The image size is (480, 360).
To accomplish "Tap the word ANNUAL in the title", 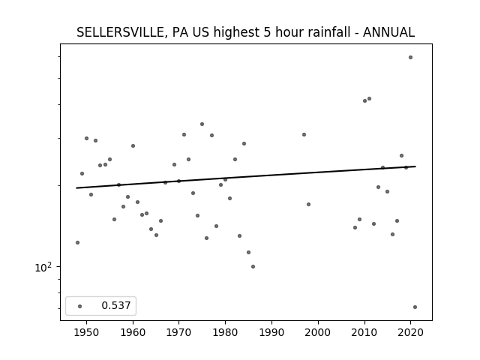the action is [x=388, y=32].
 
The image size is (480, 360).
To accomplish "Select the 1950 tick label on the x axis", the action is [x=87, y=332].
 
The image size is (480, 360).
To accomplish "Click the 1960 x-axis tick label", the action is [x=133, y=332].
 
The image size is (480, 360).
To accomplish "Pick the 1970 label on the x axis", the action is [x=179, y=332].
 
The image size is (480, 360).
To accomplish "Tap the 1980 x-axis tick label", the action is [x=225, y=332].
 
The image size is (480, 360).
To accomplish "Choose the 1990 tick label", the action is [x=271, y=332].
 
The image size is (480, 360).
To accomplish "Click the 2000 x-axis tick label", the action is [x=318, y=332].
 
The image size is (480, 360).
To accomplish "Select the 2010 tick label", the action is [x=364, y=332].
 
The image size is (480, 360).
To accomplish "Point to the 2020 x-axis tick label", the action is [x=410, y=332].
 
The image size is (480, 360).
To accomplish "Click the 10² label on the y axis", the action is [x=43, y=267].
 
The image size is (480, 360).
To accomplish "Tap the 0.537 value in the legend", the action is [x=116, y=305].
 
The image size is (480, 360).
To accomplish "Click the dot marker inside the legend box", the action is [x=80, y=306].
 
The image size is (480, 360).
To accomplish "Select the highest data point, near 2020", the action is [x=410, y=58].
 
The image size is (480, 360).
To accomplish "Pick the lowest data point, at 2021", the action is [x=415, y=307].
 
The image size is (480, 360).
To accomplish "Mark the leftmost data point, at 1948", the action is [x=77, y=243].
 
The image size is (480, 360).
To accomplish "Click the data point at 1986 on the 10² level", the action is [x=253, y=267].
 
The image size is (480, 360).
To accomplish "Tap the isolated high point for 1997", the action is [x=304, y=135].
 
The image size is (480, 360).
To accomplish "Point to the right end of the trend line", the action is [x=415, y=166].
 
